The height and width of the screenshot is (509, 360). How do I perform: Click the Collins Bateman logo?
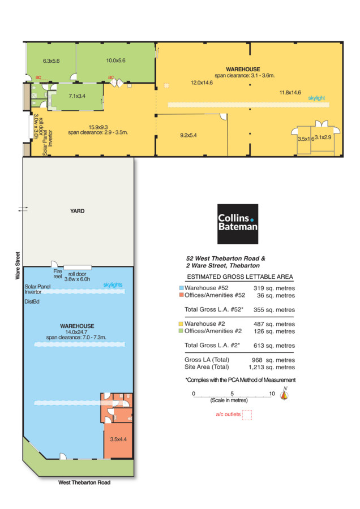coord(238,223)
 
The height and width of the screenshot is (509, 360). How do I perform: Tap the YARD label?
coord(78,211)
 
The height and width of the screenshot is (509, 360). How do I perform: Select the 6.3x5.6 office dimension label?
coord(52,61)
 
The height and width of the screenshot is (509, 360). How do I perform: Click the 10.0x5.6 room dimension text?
coord(115,61)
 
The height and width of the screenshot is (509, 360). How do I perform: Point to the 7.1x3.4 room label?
coord(77,96)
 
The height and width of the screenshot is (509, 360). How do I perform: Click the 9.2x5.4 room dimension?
coord(188,135)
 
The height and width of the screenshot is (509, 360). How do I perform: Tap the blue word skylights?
coord(113,284)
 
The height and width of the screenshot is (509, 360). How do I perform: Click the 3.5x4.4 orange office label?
coord(118,439)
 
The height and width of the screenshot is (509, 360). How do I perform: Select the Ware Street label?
coord(18,266)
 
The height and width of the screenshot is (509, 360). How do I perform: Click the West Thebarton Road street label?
coord(84,482)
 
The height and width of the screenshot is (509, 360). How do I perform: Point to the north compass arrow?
coord(285,394)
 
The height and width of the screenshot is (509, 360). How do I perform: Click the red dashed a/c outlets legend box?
coord(247,415)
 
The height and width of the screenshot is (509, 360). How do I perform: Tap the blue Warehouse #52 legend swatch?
coord(181,288)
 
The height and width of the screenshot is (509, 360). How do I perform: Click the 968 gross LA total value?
coord(257,360)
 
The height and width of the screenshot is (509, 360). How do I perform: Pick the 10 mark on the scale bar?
coord(272,394)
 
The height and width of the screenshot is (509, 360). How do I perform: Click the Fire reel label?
coord(58,274)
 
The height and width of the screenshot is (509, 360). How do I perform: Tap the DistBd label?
coord(32,301)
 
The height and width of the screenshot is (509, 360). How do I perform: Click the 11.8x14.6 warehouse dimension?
coord(290,93)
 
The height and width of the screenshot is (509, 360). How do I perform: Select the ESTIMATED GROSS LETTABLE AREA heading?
coord(240,277)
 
